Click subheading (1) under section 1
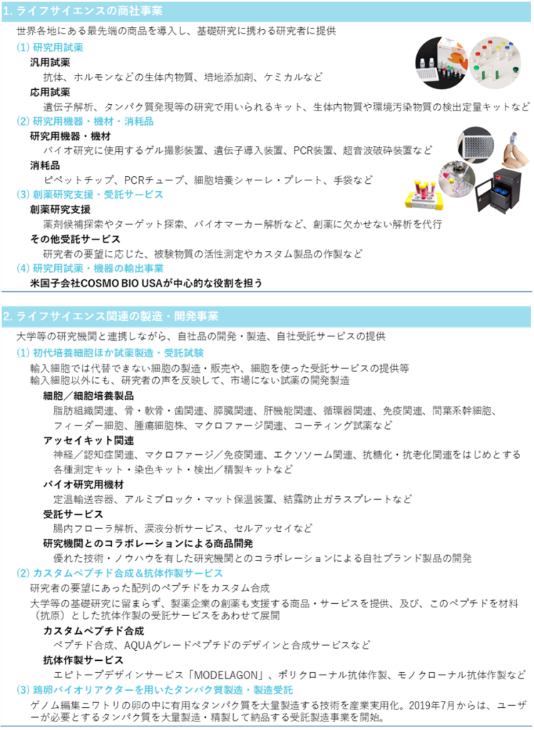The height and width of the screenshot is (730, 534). coord(50,48)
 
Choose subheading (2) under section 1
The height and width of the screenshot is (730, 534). coord(85,121)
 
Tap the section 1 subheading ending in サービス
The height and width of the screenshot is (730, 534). coord(90,195)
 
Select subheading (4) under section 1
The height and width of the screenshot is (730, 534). coord(90,268)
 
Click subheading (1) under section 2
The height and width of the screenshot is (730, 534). coord(111,353)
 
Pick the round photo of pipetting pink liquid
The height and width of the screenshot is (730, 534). coord(457,178)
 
